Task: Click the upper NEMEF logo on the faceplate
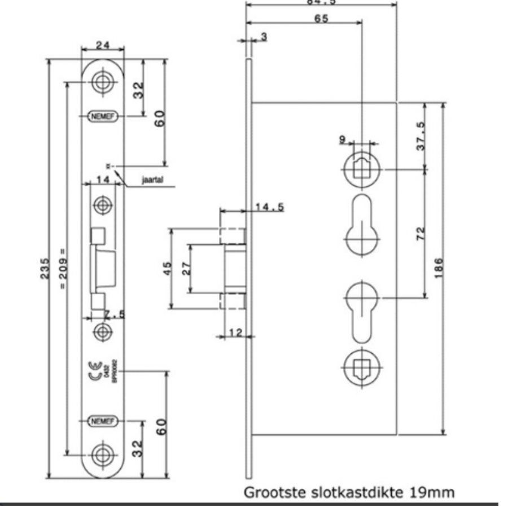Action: [x=102, y=116]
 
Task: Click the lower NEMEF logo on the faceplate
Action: [x=102, y=421]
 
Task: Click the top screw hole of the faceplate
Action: [x=102, y=81]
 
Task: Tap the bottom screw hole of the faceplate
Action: [x=102, y=453]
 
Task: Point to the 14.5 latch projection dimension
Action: [x=269, y=207]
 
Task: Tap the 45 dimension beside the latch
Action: [x=167, y=268]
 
